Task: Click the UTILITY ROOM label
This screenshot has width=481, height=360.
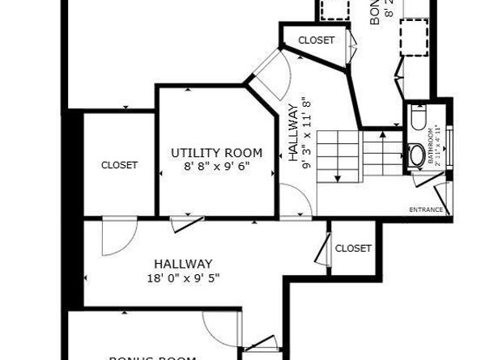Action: click(x=216, y=152)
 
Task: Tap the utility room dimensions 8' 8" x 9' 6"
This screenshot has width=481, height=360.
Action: click(x=216, y=167)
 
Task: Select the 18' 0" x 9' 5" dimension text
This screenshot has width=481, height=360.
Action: click(x=183, y=277)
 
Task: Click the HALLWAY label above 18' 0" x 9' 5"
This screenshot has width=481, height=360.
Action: click(x=183, y=264)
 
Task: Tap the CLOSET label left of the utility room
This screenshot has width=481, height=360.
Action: click(x=119, y=165)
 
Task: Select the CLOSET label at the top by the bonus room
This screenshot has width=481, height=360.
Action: click(x=316, y=40)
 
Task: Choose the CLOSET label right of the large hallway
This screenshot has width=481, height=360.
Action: click(x=352, y=248)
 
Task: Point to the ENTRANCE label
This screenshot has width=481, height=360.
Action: click(x=425, y=210)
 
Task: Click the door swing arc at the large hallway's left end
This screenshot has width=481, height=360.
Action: click(x=115, y=239)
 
